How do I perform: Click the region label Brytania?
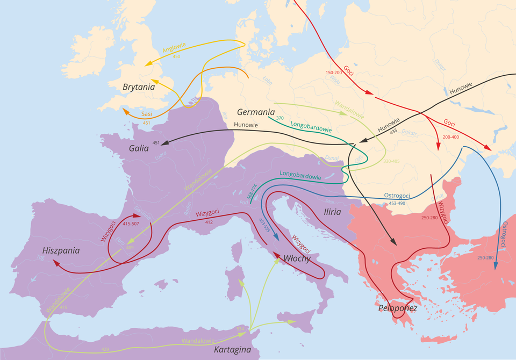pyautogui.click(x=139, y=87)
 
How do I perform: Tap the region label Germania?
pyautogui.click(x=256, y=112)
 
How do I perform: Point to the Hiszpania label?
pyautogui.click(x=61, y=250)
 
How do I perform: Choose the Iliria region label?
pyautogui.click(x=332, y=212)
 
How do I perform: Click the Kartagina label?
pyautogui.click(x=232, y=350)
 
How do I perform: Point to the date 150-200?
pyautogui.click(x=334, y=72)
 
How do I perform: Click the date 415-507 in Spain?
pyautogui.click(x=131, y=224)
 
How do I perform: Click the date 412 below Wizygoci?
pyautogui.click(x=209, y=221)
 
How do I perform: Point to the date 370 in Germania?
pyautogui.click(x=279, y=118)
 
